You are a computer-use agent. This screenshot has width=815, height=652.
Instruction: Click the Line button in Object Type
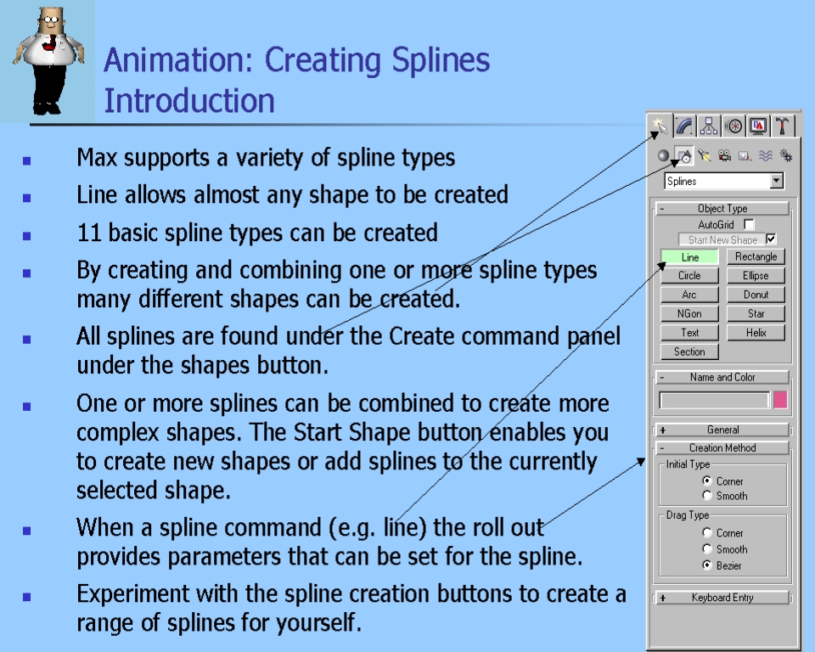coord(689,257)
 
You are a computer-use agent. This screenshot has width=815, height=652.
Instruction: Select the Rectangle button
coord(756,256)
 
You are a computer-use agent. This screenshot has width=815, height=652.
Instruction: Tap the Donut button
coord(756,295)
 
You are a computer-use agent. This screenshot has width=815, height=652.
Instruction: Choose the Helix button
coord(756,333)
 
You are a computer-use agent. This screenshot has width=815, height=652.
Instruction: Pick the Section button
coord(689,351)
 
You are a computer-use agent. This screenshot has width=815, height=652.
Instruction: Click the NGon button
coord(689,313)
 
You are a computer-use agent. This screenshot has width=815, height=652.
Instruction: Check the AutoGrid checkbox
coord(749,225)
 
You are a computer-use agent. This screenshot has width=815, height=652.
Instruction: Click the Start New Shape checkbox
coord(772,239)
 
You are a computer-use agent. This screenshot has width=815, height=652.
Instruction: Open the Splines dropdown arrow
coord(777,181)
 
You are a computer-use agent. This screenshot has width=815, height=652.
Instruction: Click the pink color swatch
coord(780,400)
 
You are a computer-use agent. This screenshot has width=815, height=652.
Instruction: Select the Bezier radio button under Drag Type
coord(707,565)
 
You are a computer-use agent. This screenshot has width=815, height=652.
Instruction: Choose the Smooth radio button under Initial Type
coord(707,496)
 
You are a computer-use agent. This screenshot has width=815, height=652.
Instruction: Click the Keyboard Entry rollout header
coord(722,598)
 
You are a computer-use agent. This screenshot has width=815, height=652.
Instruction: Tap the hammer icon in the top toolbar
coord(782,126)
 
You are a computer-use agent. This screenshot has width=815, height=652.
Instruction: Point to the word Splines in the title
coord(441,59)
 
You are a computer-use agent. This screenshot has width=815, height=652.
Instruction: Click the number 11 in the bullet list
coord(88,233)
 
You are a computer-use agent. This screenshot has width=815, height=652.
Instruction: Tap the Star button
coord(756,313)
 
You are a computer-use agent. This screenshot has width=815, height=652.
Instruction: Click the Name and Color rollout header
coord(722,377)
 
